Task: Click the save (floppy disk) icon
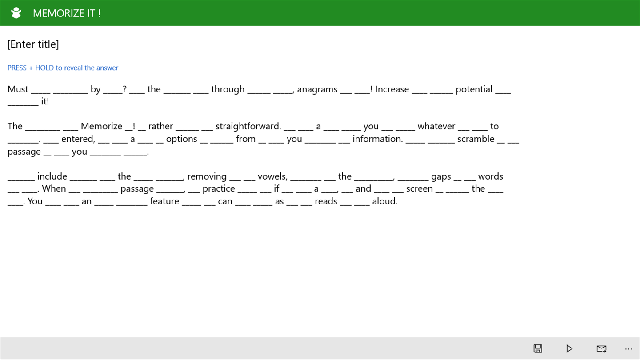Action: [538, 348]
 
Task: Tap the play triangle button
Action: [569, 348]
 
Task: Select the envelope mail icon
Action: [601, 348]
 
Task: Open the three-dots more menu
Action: [628, 349]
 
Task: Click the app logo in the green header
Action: [16, 13]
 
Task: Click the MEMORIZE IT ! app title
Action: [67, 13]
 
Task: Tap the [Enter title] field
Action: [33, 44]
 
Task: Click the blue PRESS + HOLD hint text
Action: [63, 68]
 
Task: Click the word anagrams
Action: [317, 89]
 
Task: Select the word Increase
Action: [392, 89]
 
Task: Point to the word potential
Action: [474, 89]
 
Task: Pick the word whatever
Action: [436, 126]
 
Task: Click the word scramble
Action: [476, 139]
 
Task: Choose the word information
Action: [378, 139]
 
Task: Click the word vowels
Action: [272, 176]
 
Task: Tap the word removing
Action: [207, 176]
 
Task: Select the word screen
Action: [420, 189]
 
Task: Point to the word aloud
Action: [385, 201]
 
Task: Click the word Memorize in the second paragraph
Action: [101, 126]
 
